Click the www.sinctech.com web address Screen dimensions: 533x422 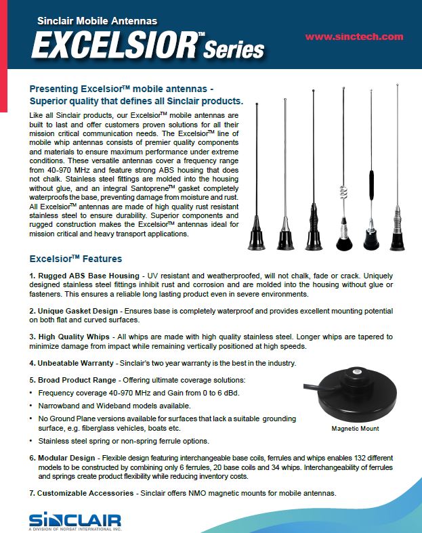coord(354,37)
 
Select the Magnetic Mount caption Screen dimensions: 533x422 coord(355,429)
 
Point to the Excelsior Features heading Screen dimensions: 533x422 coord(75,259)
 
